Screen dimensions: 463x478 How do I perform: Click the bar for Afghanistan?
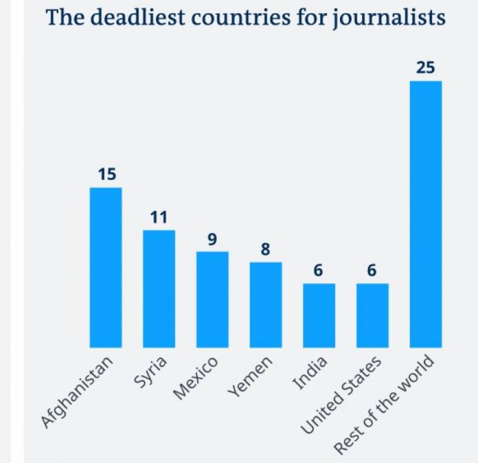coord(106,267)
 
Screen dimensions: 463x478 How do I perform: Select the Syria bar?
coord(159,289)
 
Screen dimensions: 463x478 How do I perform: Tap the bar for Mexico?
coord(212,299)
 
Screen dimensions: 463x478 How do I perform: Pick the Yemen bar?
coord(265,305)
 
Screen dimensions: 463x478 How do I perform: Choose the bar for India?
coord(318,315)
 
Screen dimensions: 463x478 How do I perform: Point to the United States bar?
coord(372,315)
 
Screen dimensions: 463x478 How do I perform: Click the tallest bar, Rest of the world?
coord(425,214)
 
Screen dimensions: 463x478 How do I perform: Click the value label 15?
coord(106,174)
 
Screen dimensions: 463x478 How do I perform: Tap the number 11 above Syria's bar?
coord(159,217)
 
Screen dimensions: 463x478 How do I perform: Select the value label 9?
coord(212,239)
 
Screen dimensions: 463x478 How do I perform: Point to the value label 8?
coord(265,249)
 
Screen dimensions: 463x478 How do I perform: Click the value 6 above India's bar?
coord(318,271)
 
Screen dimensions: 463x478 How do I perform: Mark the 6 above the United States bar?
coord(372,271)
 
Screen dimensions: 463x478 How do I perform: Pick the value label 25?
coord(425,68)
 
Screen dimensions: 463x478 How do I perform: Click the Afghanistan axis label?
coord(78,392)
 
